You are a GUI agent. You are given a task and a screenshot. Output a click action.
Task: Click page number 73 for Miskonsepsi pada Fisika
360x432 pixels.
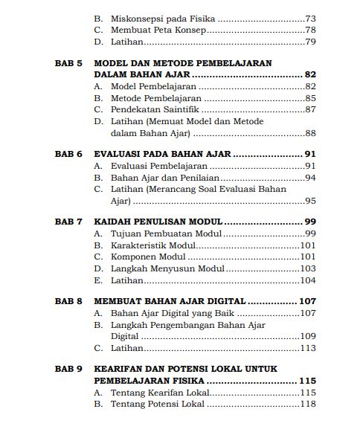pos(311,17)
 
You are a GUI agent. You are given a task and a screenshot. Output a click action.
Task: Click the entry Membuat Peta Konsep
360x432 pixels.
pos(157,30)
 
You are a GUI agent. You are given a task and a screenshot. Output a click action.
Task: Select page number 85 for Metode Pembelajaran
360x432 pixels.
pos(311,98)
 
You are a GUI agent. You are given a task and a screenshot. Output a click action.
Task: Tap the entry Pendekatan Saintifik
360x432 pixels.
pos(153,109)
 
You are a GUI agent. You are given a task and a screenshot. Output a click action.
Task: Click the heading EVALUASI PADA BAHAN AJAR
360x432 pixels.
pos(163,154)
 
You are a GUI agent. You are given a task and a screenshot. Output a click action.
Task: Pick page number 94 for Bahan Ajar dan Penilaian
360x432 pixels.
pos(311,177)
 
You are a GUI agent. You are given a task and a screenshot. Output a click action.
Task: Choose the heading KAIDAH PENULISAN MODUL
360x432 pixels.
pos(158,222)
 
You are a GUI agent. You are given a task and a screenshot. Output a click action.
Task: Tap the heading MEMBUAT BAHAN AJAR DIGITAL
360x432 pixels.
pos(171,301)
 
